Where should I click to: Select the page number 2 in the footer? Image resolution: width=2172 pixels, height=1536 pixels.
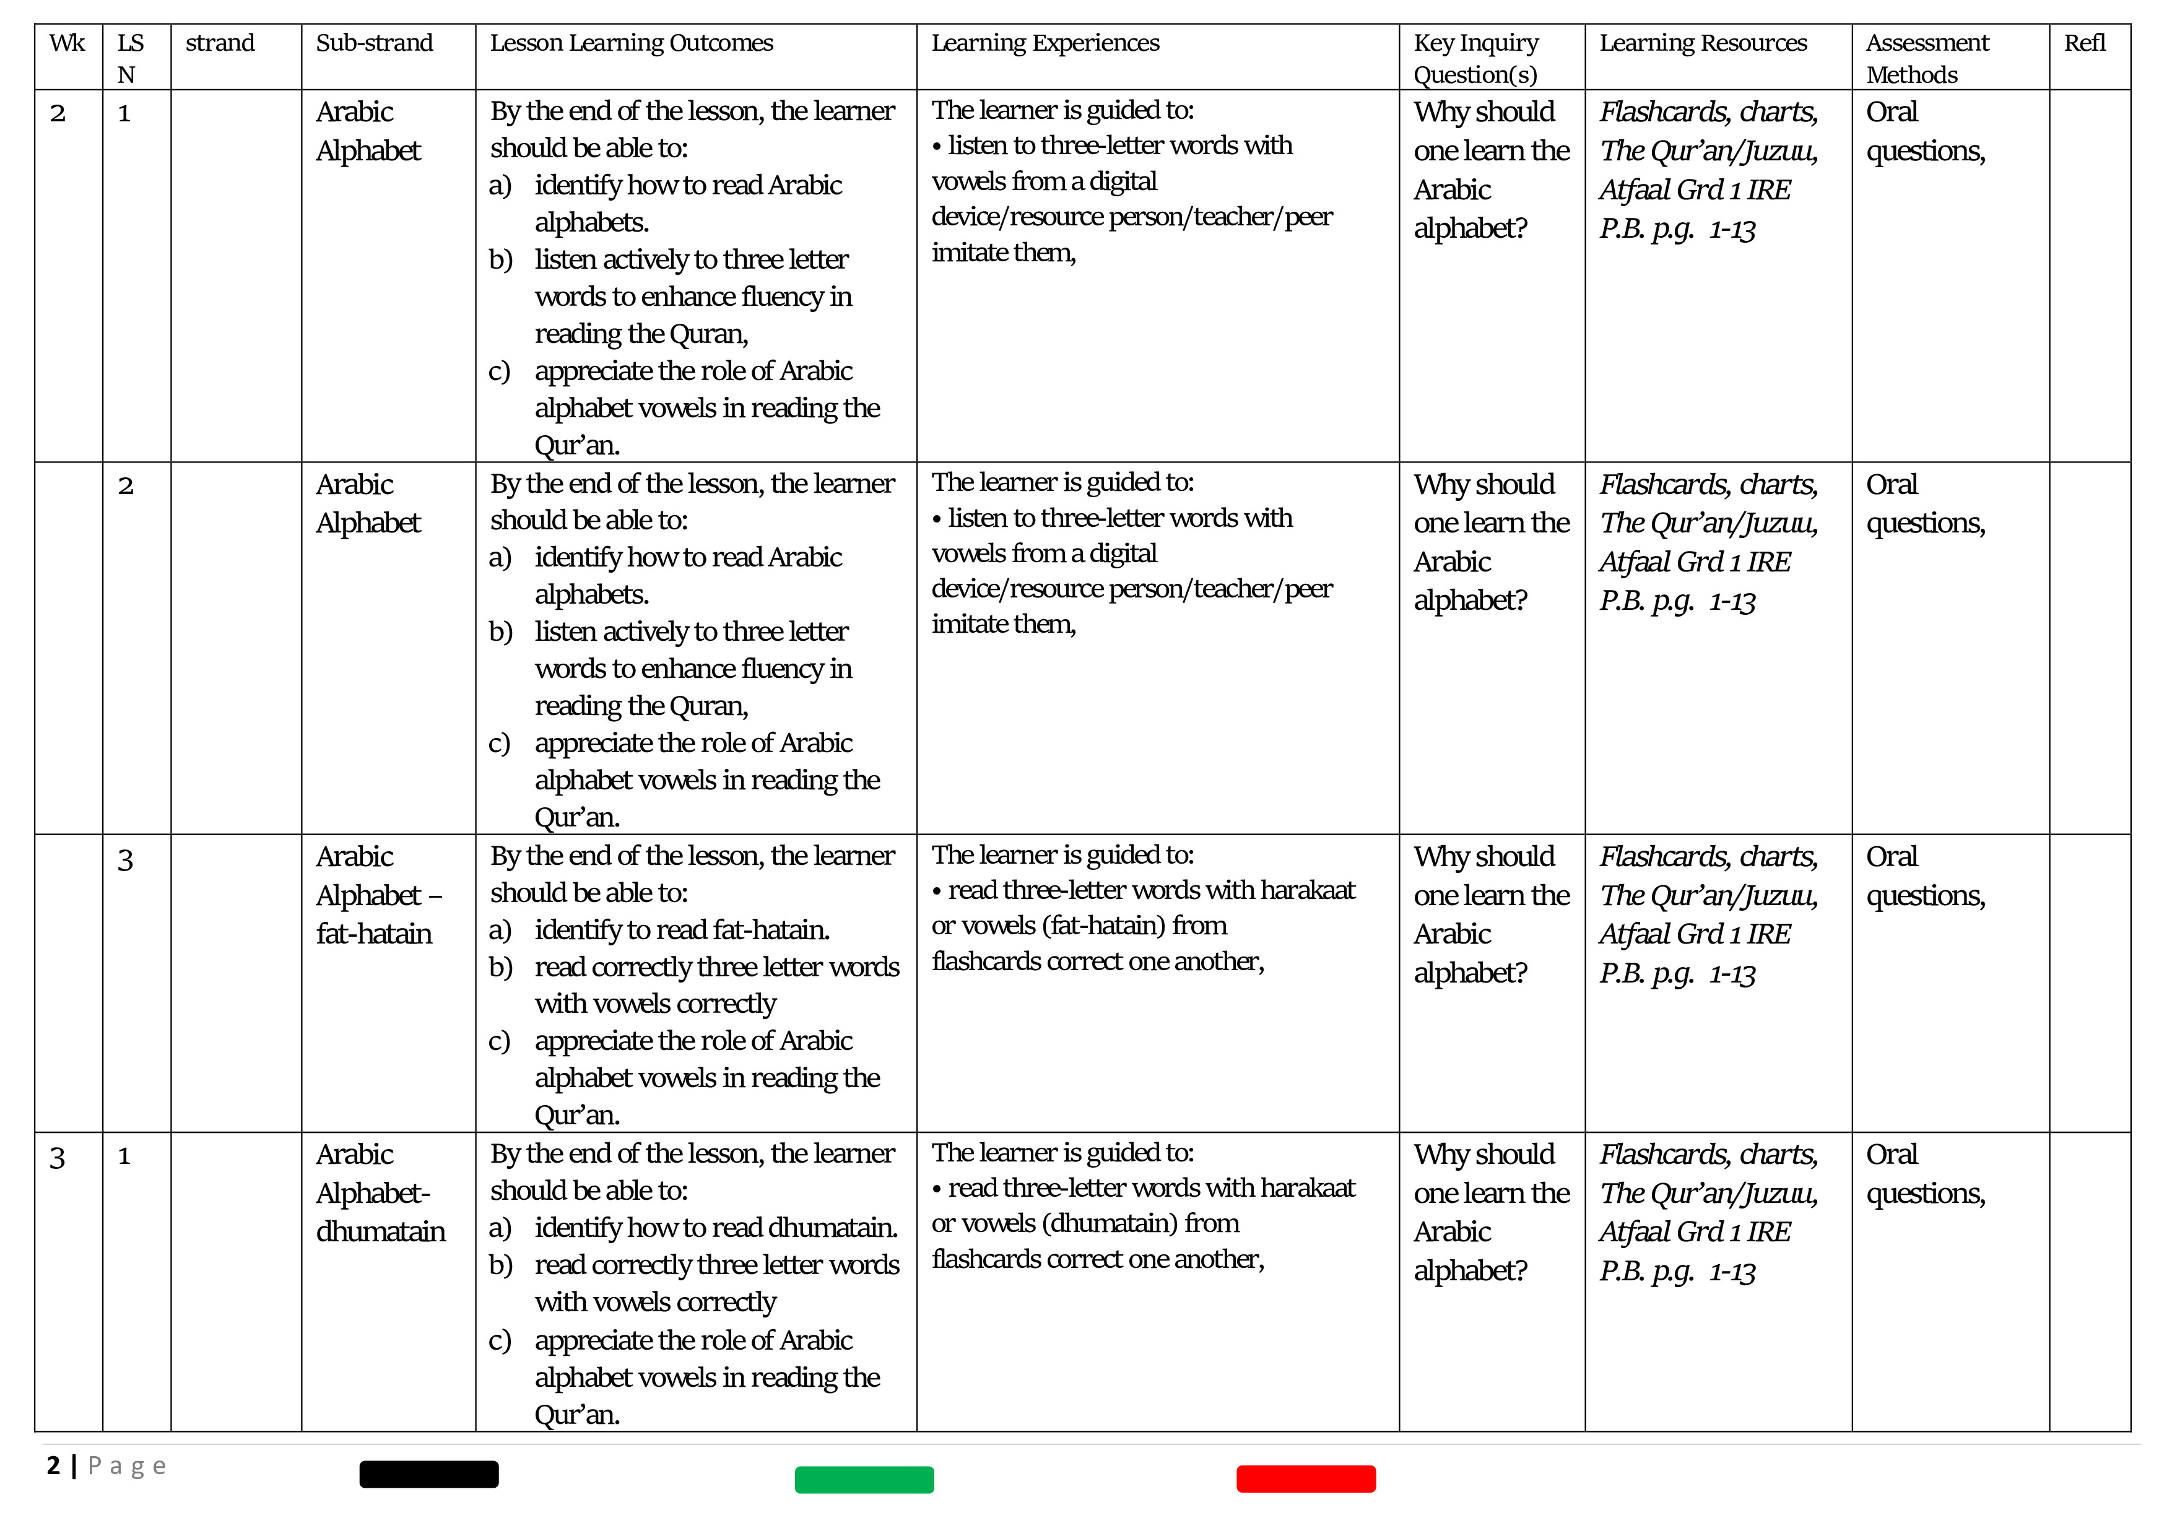click(x=53, y=1466)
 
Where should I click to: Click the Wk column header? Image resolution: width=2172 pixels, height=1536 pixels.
click(x=67, y=43)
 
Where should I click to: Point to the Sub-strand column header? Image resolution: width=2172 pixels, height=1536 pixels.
click(x=374, y=43)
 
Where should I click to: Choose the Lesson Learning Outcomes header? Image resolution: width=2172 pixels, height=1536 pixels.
click(x=631, y=43)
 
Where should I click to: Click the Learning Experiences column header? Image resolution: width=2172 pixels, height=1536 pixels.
click(x=1045, y=43)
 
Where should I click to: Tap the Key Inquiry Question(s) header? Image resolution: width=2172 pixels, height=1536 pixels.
click(x=1475, y=58)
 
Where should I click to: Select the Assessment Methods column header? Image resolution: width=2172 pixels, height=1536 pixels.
click(x=1927, y=58)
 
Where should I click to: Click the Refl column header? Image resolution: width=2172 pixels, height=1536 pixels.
click(x=2084, y=43)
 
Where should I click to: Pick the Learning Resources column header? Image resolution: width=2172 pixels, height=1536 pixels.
click(x=1703, y=43)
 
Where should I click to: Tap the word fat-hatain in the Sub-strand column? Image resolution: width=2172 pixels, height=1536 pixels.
click(x=374, y=934)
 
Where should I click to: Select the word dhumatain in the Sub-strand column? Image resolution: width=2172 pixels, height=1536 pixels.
click(x=380, y=1231)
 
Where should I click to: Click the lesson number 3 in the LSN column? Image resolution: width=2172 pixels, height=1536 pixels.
click(x=125, y=860)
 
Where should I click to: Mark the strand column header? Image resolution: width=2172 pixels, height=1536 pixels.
click(x=219, y=43)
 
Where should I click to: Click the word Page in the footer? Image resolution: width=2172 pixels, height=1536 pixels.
click(x=127, y=1466)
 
